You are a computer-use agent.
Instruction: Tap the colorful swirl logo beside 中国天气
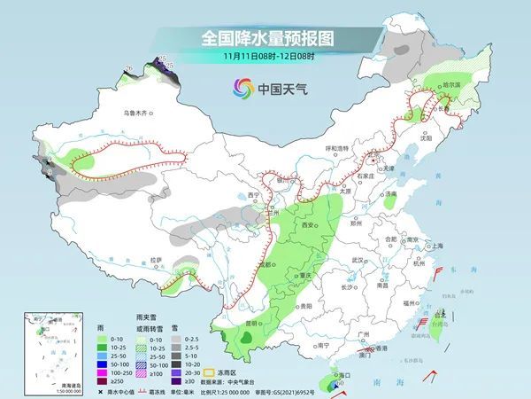pos(241,88)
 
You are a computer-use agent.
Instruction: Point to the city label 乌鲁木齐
pos(139,113)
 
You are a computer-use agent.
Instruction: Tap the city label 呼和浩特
pos(338,148)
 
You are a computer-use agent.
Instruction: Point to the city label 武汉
pos(358,260)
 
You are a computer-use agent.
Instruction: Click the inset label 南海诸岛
pos(41,384)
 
